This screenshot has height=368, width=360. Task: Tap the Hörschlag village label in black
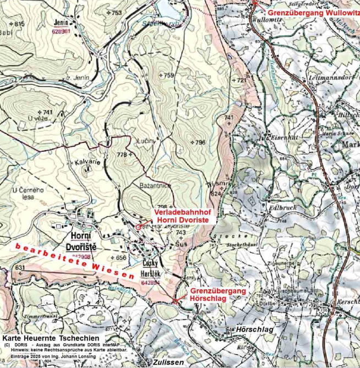245,329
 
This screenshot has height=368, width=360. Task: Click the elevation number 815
19,24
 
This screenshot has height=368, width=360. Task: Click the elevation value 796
200,142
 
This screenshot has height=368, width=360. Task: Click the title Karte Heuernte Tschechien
51,337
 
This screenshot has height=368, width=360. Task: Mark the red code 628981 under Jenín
61,32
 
